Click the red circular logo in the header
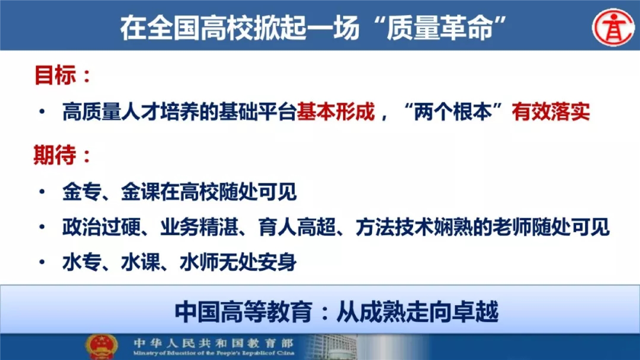[x=613, y=27]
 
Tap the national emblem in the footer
[x=101, y=347]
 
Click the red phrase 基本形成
[x=336, y=112]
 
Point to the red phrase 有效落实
[x=551, y=112]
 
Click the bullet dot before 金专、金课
[x=42, y=192]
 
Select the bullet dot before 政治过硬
[x=42, y=227]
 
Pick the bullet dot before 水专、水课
[x=42, y=262]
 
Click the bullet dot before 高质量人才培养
[x=42, y=112]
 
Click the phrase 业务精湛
[x=199, y=227]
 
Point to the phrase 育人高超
[x=297, y=227]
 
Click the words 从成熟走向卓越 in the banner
[x=418, y=312]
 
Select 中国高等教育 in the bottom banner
[x=244, y=312]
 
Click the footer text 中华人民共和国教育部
[x=214, y=343]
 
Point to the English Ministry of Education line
[x=214, y=353]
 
